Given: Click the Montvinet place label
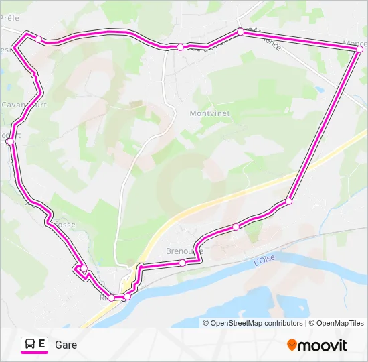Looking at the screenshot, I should tap(209, 113).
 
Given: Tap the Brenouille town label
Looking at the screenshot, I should tap(184, 251).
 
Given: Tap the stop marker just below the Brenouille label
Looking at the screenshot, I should tap(182, 263).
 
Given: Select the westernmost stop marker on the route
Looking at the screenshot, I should tap(9, 141).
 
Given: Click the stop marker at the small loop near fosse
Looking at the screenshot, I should tap(84, 269).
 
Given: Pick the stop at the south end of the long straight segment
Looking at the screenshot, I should tap(288, 201).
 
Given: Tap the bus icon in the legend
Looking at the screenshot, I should tap(30, 344).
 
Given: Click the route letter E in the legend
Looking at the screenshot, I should tap(42, 344).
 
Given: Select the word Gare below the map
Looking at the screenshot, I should tap(66, 345).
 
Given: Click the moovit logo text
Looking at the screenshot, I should tap(323, 345).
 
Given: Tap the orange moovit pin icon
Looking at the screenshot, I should tap(292, 345).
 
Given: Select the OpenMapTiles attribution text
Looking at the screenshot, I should tap(340, 323).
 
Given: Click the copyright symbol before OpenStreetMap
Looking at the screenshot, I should tap(207, 323).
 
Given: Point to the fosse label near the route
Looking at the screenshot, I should tap(65, 225).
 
